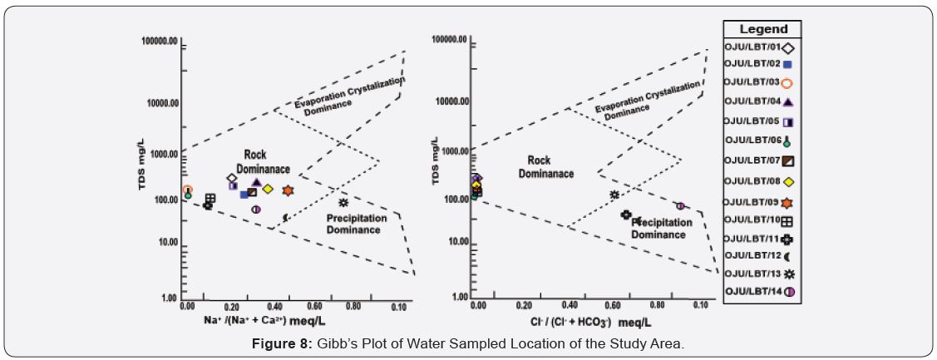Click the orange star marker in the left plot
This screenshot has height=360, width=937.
coord(288,190)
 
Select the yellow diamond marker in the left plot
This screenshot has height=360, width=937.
coord(268,189)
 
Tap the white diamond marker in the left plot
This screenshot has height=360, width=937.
coord(231,178)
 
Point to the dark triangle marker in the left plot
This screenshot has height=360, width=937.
coord(257,182)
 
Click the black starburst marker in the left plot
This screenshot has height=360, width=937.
coord(343,202)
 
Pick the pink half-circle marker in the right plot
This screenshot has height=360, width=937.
coord(679,205)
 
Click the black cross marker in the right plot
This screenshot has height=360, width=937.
coord(626,215)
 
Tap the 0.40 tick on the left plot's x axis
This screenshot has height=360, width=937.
coord(274,307)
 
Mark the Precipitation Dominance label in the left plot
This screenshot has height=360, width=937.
coord(356,224)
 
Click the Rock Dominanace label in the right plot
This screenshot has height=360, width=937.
coord(546,167)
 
